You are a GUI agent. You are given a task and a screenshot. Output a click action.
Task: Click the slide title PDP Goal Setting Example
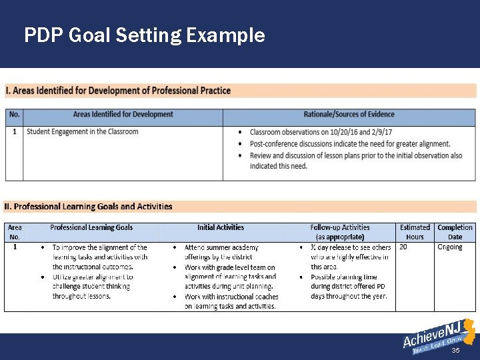pyautogui.click(x=144, y=35)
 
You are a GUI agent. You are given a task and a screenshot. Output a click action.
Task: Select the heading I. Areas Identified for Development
pyautogui.click(x=118, y=91)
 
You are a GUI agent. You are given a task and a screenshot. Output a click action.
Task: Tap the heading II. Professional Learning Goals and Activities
pyautogui.click(x=89, y=207)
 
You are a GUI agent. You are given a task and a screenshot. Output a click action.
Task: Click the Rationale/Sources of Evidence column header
pyautogui.click(x=349, y=115)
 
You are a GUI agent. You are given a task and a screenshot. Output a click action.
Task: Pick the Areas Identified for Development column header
pyautogui.click(x=123, y=115)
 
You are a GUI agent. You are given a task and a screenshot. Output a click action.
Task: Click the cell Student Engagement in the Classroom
pyautogui.click(x=83, y=131)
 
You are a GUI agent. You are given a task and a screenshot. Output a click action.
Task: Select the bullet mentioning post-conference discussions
pyautogui.click(x=349, y=144)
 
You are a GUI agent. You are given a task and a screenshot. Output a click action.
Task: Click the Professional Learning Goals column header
pyautogui.click(x=91, y=228)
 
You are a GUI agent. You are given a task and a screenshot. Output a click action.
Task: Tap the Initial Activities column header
pyautogui.click(x=221, y=228)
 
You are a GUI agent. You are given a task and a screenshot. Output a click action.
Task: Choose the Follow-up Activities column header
pyautogui.click(x=340, y=232)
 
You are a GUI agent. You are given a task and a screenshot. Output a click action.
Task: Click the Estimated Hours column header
pyautogui.click(x=415, y=232)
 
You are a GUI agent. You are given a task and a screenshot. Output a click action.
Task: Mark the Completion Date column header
pyautogui.click(x=455, y=232)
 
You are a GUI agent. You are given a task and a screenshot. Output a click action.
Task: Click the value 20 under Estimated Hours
pyautogui.click(x=403, y=247)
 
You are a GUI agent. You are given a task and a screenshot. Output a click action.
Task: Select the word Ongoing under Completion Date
pyautogui.click(x=449, y=247)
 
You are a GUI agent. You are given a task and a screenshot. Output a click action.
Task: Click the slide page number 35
pyautogui.click(x=456, y=350)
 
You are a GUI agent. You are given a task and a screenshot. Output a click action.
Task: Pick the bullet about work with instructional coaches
pyautogui.click(x=231, y=301)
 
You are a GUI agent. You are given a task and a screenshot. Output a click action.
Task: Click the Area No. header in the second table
pyautogui.click(x=15, y=232)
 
